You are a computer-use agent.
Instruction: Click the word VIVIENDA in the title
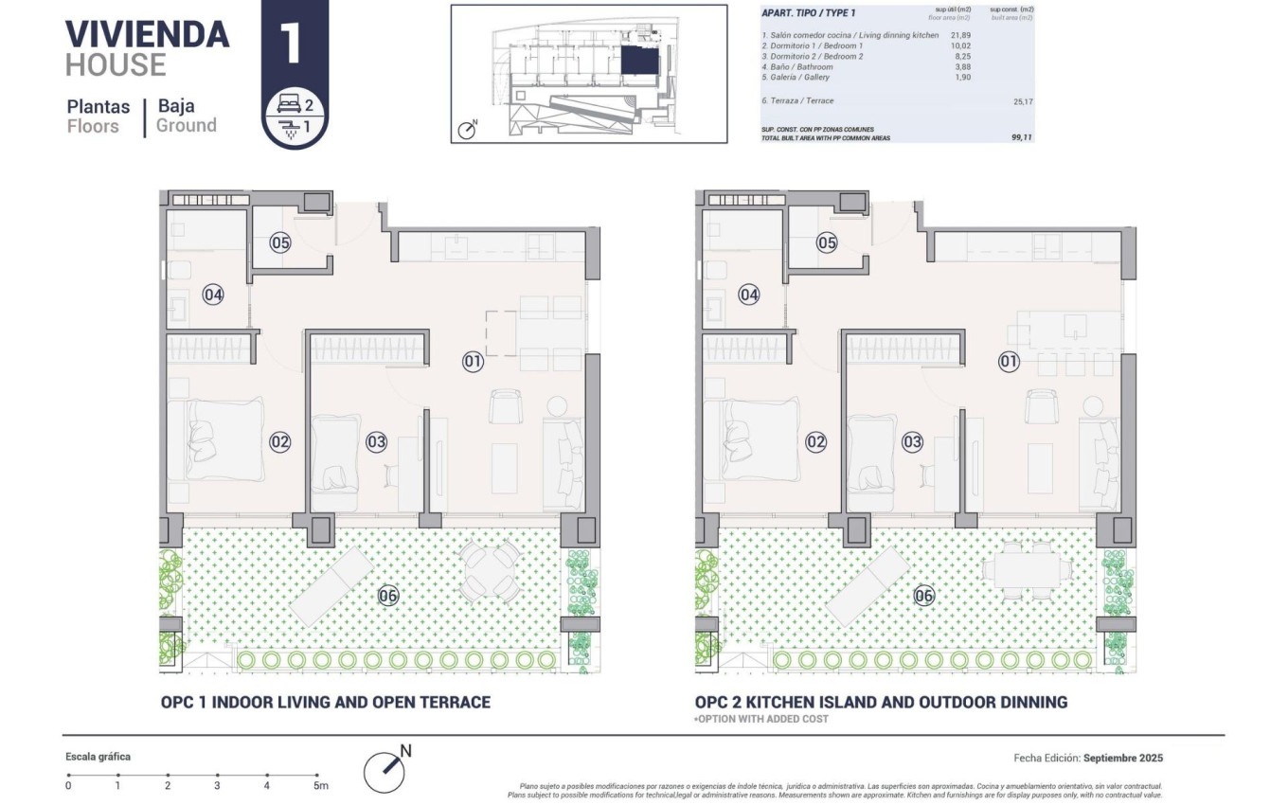tap(147, 34)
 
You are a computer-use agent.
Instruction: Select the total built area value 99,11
tap(1021, 136)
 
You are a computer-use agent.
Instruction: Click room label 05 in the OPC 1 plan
tap(279, 242)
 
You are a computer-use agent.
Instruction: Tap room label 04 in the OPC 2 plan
tap(749, 295)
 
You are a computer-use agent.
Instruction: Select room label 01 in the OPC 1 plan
tap(473, 361)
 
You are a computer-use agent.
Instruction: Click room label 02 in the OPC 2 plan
tap(815, 441)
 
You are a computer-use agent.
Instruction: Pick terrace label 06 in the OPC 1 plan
tap(387, 596)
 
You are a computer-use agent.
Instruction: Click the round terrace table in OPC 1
tap(490, 570)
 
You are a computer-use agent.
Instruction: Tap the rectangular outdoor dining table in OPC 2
tap(1027, 570)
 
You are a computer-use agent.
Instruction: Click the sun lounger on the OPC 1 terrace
tap(332, 586)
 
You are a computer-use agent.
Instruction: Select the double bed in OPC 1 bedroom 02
tap(225, 440)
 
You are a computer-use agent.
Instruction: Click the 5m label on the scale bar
tap(321, 785)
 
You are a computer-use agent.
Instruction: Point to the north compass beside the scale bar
tap(386, 769)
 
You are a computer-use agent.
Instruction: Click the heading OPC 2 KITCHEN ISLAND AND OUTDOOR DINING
tap(881, 702)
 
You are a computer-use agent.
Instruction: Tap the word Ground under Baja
tap(187, 125)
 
